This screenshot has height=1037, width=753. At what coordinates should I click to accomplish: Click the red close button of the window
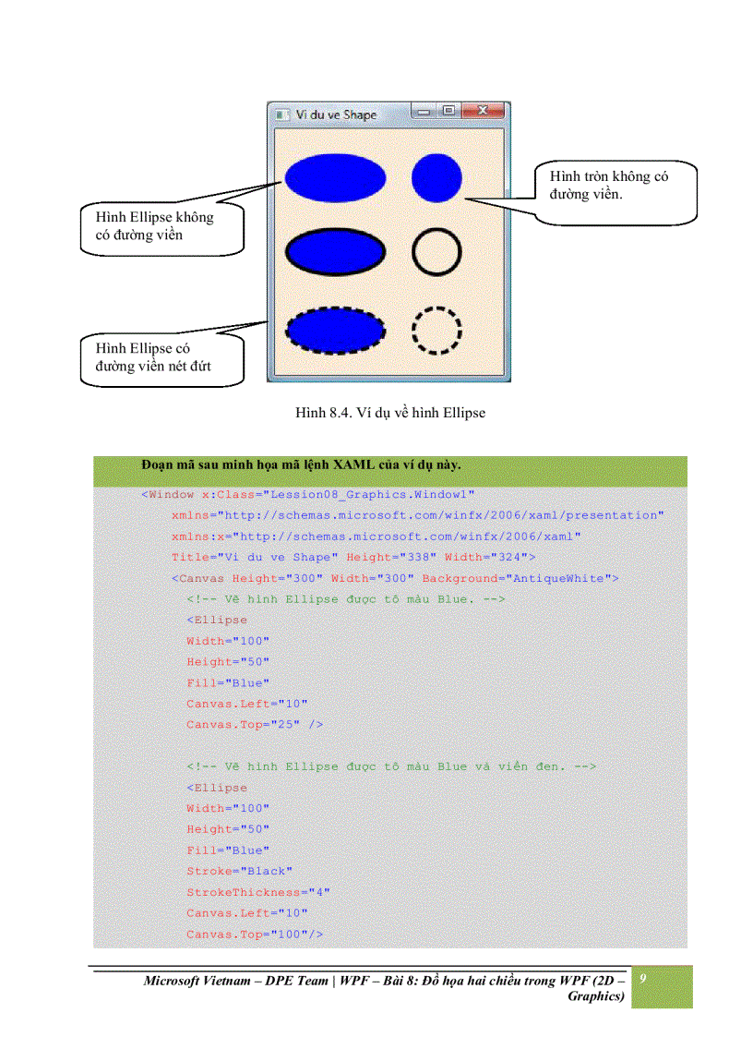(484, 112)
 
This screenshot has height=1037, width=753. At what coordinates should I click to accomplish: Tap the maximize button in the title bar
(449, 112)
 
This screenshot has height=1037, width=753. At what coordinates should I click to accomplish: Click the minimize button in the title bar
(425, 112)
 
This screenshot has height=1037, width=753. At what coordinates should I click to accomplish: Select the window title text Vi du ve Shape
(336, 115)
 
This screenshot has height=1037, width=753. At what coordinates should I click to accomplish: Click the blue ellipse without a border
(335, 177)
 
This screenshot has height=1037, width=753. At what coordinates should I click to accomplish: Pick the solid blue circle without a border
(436, 176)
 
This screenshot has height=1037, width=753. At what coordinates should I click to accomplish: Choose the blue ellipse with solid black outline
(335, 251)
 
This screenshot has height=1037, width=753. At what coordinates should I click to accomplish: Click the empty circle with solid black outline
(436, 250)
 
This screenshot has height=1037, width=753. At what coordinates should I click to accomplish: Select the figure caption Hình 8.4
(390, 413)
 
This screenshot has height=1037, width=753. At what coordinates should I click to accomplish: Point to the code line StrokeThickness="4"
(257, 892)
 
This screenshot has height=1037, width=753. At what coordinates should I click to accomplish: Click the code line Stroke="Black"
(239, 871)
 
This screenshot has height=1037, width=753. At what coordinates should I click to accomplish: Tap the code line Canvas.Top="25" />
(254, 725)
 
